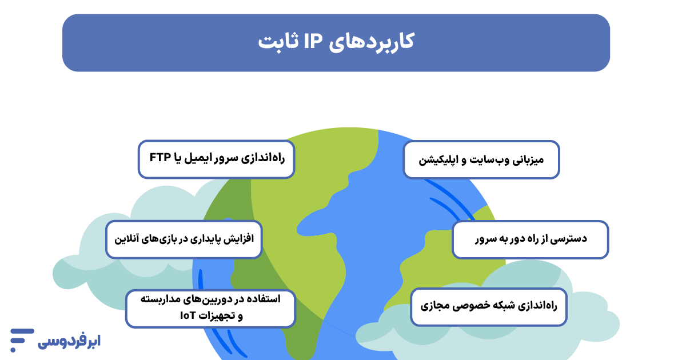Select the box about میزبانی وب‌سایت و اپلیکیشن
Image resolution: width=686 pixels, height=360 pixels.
481,160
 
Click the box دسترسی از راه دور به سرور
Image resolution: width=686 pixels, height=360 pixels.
531,239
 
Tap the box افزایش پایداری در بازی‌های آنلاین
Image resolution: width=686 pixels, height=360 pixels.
184,239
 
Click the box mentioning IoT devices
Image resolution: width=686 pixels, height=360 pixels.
211,308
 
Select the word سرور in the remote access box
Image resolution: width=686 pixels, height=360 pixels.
487,239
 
